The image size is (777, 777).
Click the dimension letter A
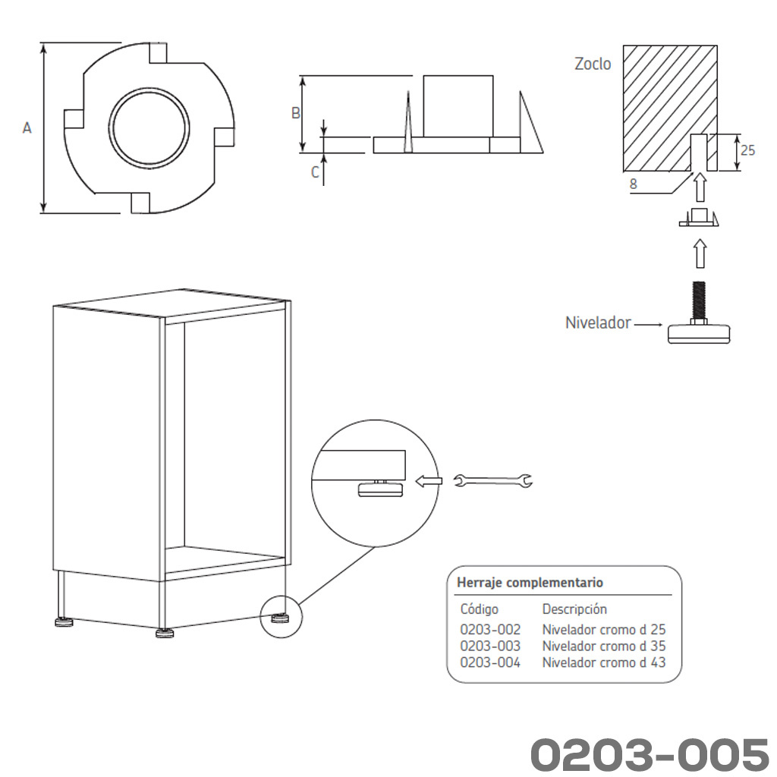[27, 128]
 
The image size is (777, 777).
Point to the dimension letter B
[296, 113]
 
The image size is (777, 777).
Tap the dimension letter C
[315, 172]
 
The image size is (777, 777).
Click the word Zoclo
[593, 64]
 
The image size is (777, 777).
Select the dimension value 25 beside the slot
[747, 150]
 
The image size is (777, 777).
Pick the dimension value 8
[634, 183]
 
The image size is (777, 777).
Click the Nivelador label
[598, 322]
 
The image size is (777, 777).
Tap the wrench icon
[492, 480]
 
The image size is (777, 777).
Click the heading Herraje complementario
[530, 583]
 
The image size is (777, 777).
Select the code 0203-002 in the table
[490, 630]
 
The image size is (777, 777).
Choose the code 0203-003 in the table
[490, 646]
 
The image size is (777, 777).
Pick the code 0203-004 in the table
[490, 662]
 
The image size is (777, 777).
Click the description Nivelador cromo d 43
[603, 662]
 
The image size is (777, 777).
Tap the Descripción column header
[574, 609]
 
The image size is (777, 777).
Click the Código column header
[480, 609]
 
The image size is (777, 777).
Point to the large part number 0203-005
[649, 754]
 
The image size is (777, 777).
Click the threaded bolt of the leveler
[698, 300]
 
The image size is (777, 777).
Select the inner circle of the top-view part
[148, 127]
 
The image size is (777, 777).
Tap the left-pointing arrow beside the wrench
[429, 480]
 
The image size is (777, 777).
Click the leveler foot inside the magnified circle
[380, 489]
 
